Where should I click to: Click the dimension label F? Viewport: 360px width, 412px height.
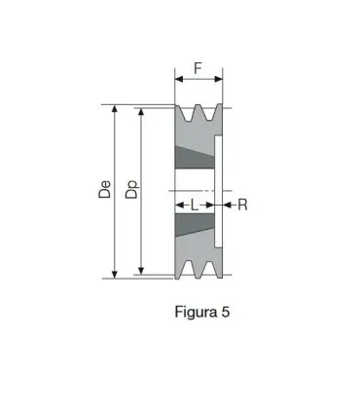pyautogui.click(x=198, y=69)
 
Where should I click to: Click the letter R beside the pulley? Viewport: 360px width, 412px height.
pyautogui.click(x=242, y=205)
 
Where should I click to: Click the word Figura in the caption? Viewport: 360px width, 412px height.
pyautogui.click(x=193, y=313)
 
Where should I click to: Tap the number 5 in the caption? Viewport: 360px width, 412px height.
pyautogui.click(x=224, y=313)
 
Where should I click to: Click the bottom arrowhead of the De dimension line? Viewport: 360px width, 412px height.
pyautogui.click(x=116, y=275)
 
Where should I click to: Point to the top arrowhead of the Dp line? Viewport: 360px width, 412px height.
pyautogui.click(x=142, y=113)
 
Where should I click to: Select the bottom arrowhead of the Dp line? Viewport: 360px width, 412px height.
pyautogui.click(x=142, y=270)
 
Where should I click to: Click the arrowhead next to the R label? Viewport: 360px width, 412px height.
pyautogui.click(x=228, y=205)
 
